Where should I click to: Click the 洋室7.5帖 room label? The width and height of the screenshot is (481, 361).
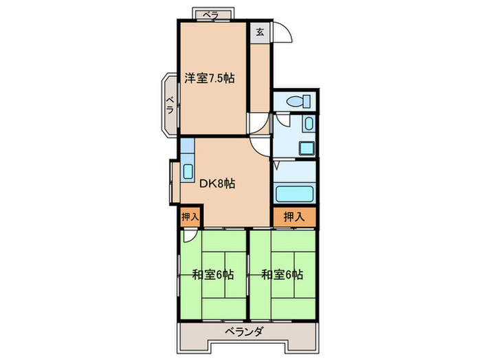tap(210, 78)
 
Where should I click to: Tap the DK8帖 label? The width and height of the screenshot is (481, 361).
tap(218, 184)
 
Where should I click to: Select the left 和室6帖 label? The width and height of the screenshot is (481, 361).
tap(212, 275)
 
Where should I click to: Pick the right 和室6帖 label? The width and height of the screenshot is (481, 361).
tap(282, 275)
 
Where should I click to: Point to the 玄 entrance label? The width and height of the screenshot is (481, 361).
tap(260, 31)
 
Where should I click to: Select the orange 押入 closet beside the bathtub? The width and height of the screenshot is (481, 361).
tap(294, 217)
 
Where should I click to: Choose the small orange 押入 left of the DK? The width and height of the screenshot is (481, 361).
tap(190, 217)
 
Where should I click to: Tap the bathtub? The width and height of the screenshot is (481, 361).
tap(294, 193)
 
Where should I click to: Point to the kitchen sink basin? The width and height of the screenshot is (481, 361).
tap(188, 171)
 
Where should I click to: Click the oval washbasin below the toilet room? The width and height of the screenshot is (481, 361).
tap(309, 125)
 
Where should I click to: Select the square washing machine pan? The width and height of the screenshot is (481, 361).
tap(305, 148)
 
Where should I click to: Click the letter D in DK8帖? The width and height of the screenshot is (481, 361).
tap(203, 184)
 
